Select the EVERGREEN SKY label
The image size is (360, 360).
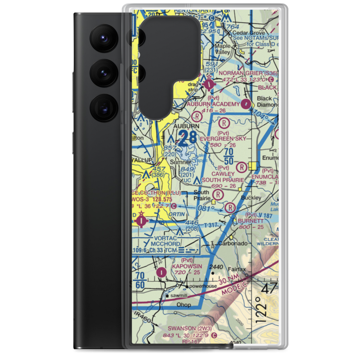223,138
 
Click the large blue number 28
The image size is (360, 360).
188,138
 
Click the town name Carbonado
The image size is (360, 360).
234,243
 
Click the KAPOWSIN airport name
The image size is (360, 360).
186,266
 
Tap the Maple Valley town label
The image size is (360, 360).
222,49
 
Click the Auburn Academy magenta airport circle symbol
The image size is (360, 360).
246,104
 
